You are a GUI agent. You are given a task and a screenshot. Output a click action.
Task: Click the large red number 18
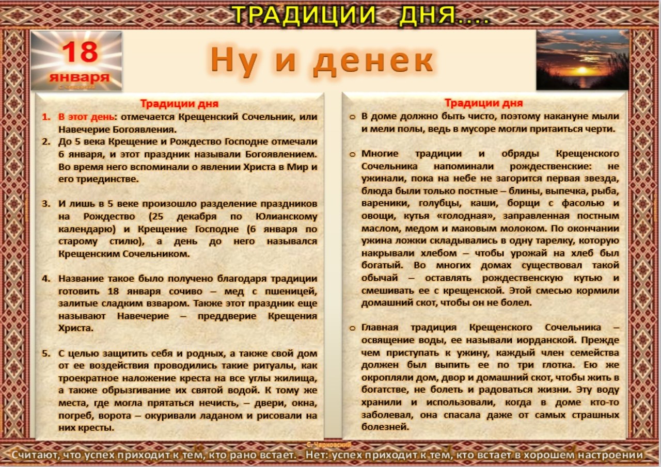[x=80, y=52]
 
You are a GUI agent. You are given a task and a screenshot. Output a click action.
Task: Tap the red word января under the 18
[x=80, y=77]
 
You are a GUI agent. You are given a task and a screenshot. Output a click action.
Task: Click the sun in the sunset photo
[x=582, y=71]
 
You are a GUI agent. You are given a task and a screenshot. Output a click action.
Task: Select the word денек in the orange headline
[x=373, y=60]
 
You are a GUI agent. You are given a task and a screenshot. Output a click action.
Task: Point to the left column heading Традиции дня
[x=179, y=104]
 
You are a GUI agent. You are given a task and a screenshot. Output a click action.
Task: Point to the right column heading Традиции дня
[x=484, y=103]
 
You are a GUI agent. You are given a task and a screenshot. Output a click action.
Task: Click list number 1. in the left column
[x=46, y=117]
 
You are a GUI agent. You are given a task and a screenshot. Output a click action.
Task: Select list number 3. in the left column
[x=46, y=204]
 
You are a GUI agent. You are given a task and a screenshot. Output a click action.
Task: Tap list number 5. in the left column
[x=46, y=353]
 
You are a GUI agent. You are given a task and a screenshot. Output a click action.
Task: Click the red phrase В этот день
[x=86, y=117]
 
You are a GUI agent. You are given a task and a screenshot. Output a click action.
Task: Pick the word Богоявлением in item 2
[x=281, y=154]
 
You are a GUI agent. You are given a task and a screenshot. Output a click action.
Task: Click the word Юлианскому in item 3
[x=286, y=217]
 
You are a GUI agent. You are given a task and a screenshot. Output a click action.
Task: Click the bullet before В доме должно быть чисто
[x=352, y=117]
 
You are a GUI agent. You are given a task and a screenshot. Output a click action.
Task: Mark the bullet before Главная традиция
[x=352, y=328]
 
